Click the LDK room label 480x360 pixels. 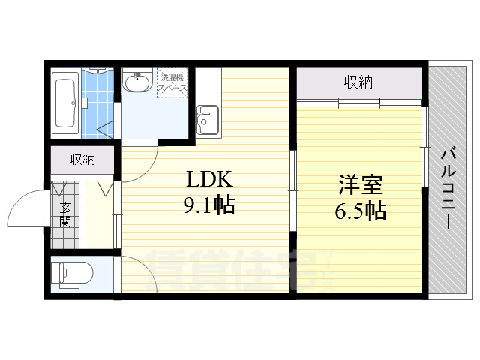point(209,179)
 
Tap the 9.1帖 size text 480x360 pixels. point(209,204)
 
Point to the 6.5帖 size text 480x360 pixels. point(360,210)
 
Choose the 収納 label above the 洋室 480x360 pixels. point(358,82)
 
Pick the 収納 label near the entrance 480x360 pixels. point(82,159)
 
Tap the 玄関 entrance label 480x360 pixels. point(65,214)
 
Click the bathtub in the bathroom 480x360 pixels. point(65,103)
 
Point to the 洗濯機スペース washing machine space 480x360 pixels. point(172,82)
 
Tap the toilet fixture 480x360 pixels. point(72,274)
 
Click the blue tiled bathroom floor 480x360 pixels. point(97,105)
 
